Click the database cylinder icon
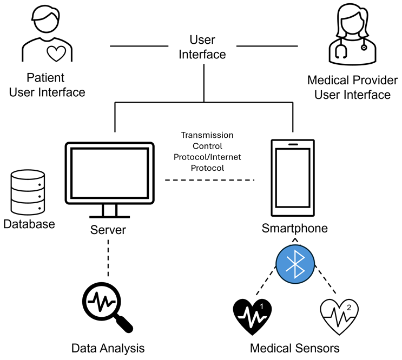point(28,191)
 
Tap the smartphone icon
point(292,177)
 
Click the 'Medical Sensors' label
point(295,348)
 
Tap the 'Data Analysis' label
point(108,348)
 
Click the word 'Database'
point(29,223)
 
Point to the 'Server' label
point(108,230)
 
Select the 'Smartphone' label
point(295,228)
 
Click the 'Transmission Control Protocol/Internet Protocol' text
point(207,151)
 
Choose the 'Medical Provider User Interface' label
point(349,88)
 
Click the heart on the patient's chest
point(56,53)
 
